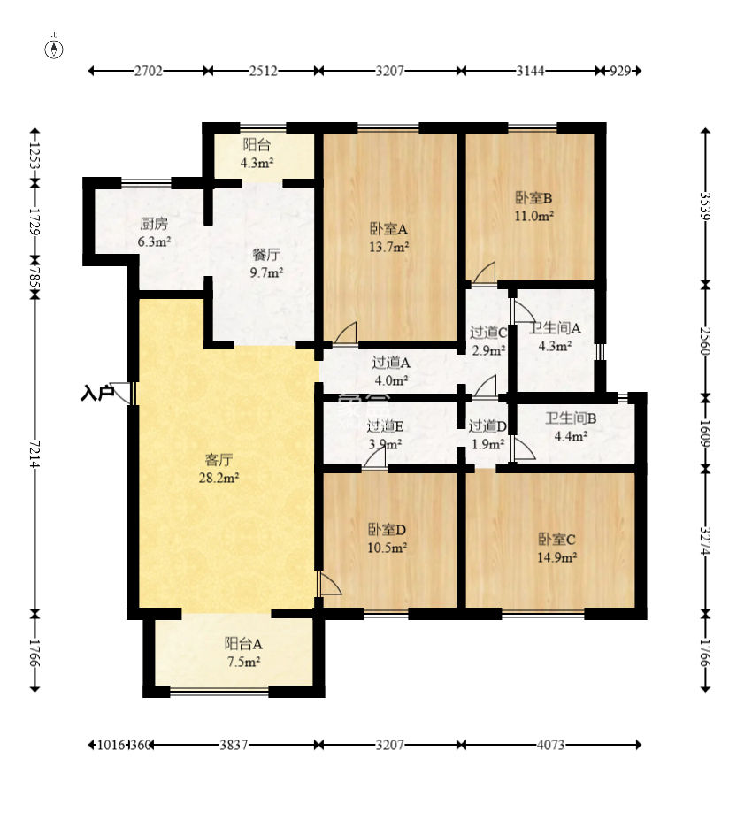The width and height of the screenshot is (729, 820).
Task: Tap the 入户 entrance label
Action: coord(97,393)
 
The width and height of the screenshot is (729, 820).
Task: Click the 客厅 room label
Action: coord(219,460)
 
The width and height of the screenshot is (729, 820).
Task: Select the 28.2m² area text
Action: coord(219,478)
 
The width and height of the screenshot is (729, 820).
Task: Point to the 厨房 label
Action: coord(154,225)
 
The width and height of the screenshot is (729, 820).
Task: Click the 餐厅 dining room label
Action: coord(266,255)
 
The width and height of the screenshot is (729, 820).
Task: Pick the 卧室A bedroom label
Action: coord(388,229)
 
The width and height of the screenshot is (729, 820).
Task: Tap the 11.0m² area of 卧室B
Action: coord(534,216)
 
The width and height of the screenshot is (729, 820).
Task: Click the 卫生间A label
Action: coord(555,328)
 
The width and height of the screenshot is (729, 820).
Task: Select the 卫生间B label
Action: coord(571,418)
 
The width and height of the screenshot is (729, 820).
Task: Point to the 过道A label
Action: coord(391,363)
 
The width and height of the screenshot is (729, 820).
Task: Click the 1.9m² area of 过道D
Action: coord(488,445)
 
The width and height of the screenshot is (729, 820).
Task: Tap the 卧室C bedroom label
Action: coord(557,540)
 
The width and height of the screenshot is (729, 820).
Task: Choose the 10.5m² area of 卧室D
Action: coord(388,548)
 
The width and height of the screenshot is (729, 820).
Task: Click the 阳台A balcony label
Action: coord(243,644)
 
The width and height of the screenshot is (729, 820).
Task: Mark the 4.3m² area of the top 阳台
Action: coord(257,163)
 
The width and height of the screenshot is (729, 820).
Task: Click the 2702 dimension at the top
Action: coord(149,71)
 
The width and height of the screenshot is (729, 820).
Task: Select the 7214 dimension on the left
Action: coord(35,454)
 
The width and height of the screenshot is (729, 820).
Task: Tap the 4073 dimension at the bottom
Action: coord(550,745)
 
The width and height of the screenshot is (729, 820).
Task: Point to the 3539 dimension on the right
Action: coord(705,207)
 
